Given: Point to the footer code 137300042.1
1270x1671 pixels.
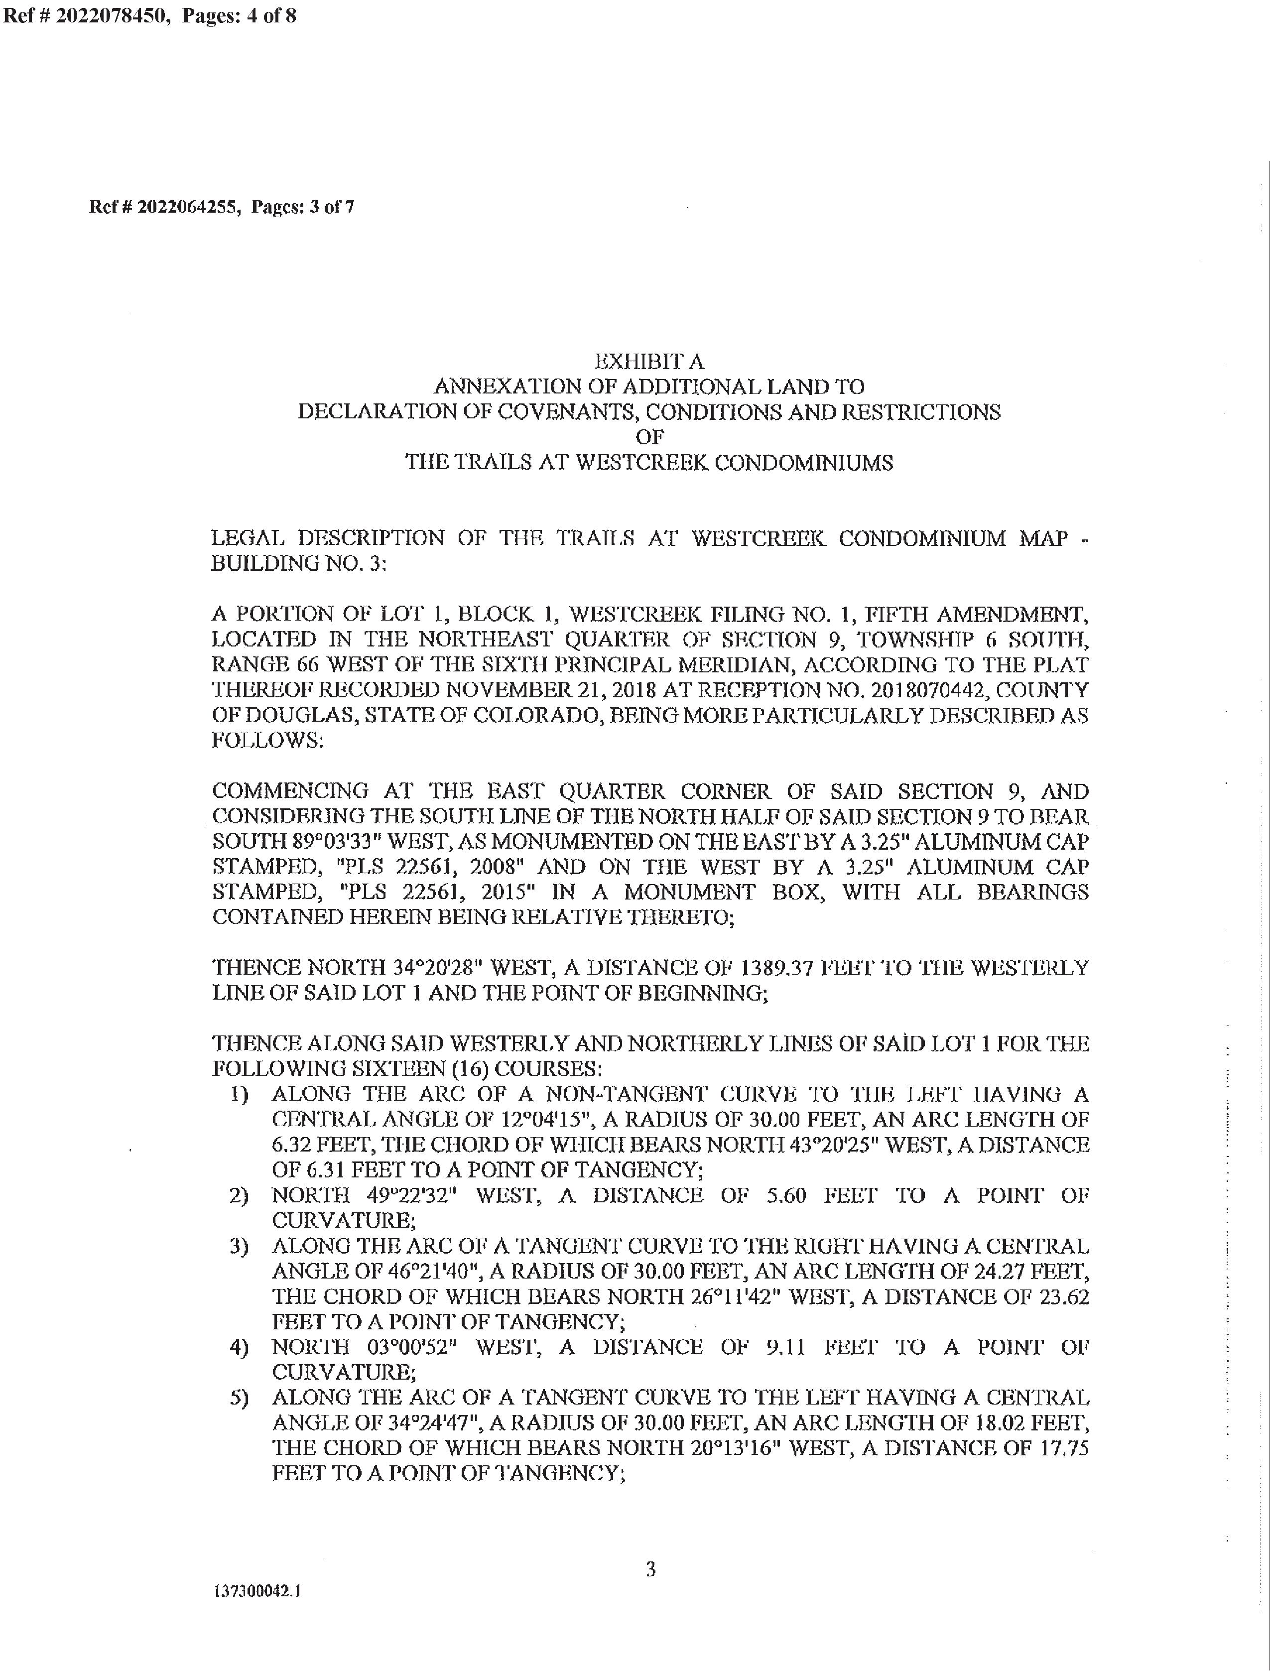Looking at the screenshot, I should click(258, 1591).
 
